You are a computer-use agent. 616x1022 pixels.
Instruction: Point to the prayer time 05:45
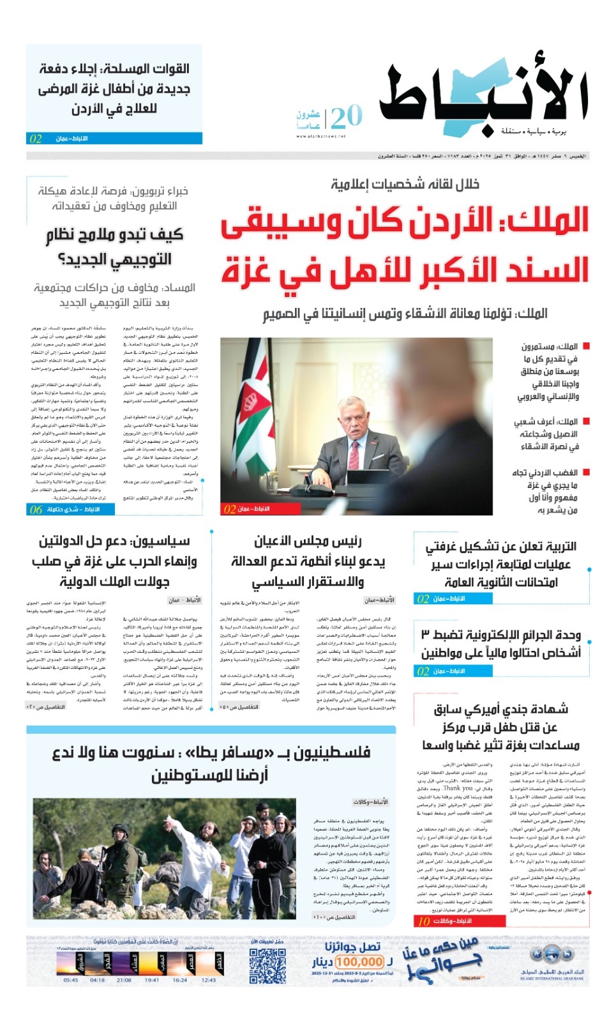(71, 980)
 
